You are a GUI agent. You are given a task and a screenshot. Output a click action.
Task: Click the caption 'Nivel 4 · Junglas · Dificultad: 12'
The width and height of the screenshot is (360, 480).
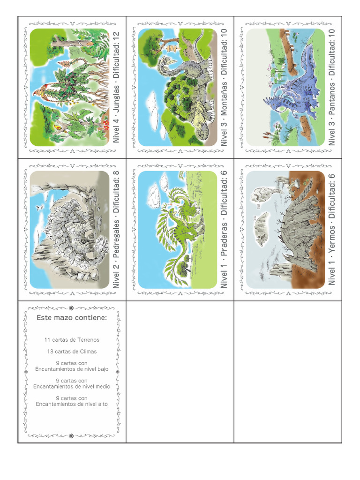[x=117, y=87]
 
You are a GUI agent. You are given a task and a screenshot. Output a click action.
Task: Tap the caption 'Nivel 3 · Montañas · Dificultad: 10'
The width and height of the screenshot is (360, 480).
[x=225, y=87]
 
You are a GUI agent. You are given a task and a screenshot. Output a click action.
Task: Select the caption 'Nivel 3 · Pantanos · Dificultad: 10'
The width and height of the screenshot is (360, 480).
[x=332, y=87]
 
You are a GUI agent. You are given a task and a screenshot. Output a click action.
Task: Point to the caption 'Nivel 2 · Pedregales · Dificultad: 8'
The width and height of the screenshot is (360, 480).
[x=117, y=229]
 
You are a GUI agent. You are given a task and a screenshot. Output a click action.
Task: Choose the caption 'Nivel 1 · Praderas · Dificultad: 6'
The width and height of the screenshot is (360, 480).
[x=225, y=229]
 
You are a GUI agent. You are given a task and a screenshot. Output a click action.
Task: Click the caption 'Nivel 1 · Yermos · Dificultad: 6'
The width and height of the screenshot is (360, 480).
[x=332, y=229]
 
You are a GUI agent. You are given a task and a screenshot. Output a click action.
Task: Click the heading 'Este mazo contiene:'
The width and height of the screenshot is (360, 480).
[x=72, y=318]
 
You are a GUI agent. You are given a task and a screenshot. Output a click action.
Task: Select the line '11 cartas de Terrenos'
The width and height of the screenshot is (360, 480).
[x=72, y=340]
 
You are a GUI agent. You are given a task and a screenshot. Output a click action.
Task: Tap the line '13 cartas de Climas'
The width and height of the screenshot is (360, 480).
[x=72, y=351]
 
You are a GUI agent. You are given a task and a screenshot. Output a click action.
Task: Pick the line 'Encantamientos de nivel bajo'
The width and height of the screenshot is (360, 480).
[x=72, y=369]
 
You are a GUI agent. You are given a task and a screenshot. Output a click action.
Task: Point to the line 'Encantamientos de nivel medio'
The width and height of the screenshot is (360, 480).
[x=72, y=387]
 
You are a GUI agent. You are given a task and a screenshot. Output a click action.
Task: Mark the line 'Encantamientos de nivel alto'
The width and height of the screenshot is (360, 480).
[x=72, y=404]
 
